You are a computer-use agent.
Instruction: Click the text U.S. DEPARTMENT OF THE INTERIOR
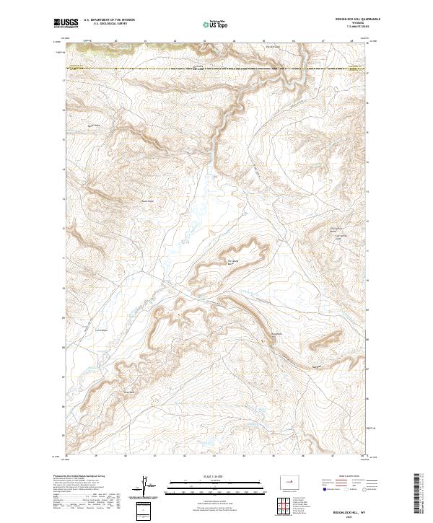pos(109,20)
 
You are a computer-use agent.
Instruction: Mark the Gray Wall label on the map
pos(130,392)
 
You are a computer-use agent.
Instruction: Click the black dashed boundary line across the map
pos(216,68)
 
